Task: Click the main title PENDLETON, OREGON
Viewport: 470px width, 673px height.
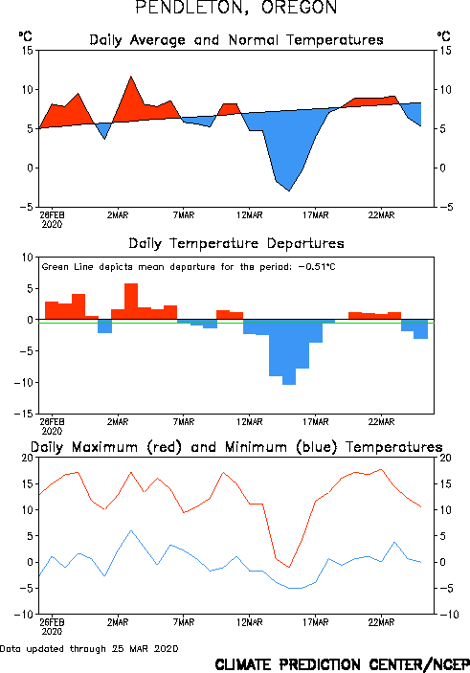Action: pyautogui.click(x=236, y=7)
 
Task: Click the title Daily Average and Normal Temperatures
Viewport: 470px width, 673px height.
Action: pyautogui.click(x=236, y=40)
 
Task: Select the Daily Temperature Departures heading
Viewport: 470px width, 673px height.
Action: pyautogui.click(x=236, y=243)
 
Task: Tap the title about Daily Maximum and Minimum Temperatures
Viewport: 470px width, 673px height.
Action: pyautogui.click(x=236, y=447)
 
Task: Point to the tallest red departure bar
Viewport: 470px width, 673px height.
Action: pyautogui.click(x=131, y=302)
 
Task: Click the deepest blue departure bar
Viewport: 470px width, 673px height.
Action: pyautogui.click(x=289, y=352)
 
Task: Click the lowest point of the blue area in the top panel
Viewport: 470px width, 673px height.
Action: pyautogui.click(x=289, y=191)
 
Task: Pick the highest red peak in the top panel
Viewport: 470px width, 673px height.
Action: pyautogui.click(x=131, y=77)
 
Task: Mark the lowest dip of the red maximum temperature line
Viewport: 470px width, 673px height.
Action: pyautogui.click(x=289, y=568)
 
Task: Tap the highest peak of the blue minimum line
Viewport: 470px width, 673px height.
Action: pyautogui.click(x=131, y=530)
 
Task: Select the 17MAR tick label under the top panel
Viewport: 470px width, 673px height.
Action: pyautogui.click(x=316, y=215)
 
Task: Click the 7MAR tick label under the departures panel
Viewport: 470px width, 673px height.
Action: pyautogui.click(x=184, y=422)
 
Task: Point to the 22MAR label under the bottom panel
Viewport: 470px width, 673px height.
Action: pyautogui.click(x=381, y=622)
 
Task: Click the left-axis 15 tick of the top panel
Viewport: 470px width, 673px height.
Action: pyautogui.click(x=28, y=51)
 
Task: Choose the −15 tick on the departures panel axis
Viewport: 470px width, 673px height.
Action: pyautogui.click(x=24, y=414)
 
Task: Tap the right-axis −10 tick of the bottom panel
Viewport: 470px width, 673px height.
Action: pyautogui.click(x=449, y=615)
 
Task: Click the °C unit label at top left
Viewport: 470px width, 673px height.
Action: pyautogui.click(x=25, y=36)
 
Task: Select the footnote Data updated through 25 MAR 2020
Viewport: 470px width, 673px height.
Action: pyautogui.click(x=89, y=648)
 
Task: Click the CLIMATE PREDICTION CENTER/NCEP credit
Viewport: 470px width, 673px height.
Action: pyautogui.click(x=342, y=664)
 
